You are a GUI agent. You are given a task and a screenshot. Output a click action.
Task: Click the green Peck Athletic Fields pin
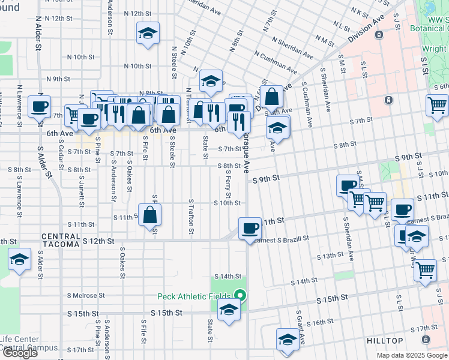pos(240,295)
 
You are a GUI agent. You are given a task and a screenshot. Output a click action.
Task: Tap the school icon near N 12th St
pos(147,34)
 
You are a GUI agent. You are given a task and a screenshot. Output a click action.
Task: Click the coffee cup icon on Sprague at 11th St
pos(250,228)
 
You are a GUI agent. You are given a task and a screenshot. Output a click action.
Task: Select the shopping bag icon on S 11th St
pos(149,214)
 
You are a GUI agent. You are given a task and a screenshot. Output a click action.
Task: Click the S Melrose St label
pos(86,295)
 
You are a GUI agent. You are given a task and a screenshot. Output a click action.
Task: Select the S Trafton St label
pos(191,217)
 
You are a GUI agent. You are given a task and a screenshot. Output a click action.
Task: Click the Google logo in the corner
pos(20,353)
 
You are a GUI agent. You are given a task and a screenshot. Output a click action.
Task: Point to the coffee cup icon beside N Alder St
pos(40,107)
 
